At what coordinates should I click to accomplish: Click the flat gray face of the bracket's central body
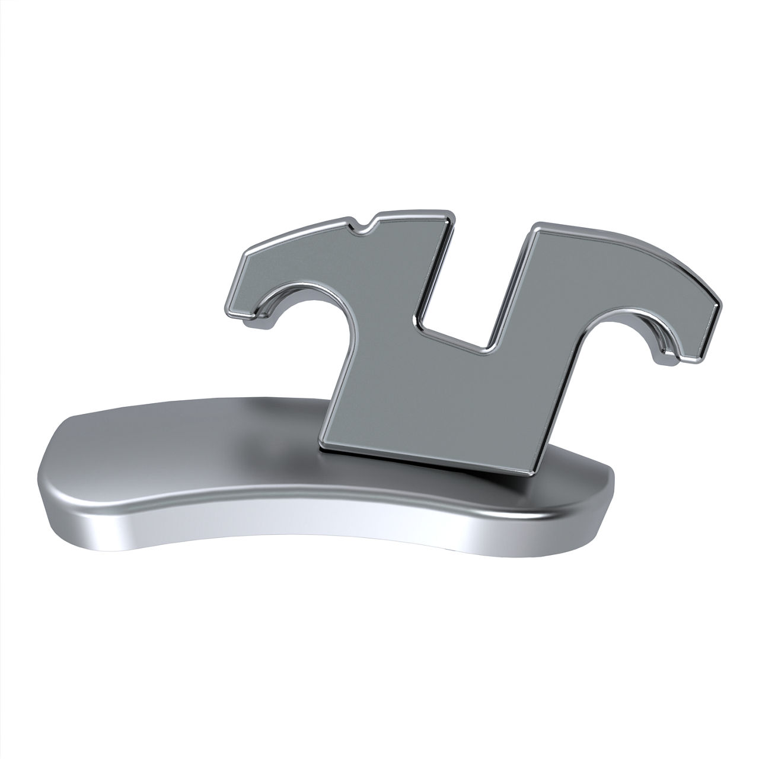(x=427, y=397)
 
